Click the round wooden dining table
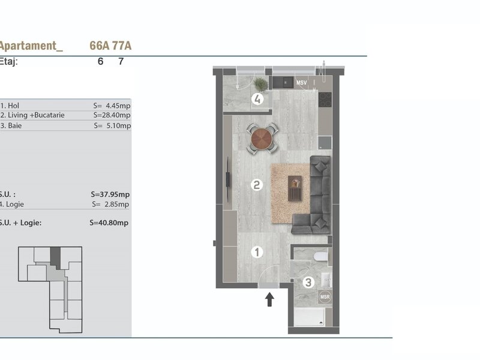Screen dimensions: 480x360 coord(262,139)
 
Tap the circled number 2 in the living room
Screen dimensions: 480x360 coord(257,185)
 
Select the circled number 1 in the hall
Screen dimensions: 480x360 coord(257,252)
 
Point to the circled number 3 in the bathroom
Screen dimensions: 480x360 coord(308,282)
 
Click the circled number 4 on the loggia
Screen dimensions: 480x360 coord(257,99)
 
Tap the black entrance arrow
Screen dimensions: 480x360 coord(269,299)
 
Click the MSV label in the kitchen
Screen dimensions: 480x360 coord(302,83)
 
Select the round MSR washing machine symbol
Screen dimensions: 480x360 coord(325,296)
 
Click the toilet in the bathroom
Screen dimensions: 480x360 coord(321,256)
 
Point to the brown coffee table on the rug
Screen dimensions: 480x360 coord(295,188)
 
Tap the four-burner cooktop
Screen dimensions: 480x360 coord(325,100)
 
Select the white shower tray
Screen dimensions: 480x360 coord(309,317)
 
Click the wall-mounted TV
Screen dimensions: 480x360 coord(228,179)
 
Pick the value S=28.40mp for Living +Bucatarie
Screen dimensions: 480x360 coord(112,115)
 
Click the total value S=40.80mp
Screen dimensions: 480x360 coord(109,223)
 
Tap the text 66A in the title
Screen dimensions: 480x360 coord(100,46)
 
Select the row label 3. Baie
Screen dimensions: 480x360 coord(11,125)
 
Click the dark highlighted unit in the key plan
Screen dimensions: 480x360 coord(56,258)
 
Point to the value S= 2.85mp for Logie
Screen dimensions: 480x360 coord(110,204)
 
